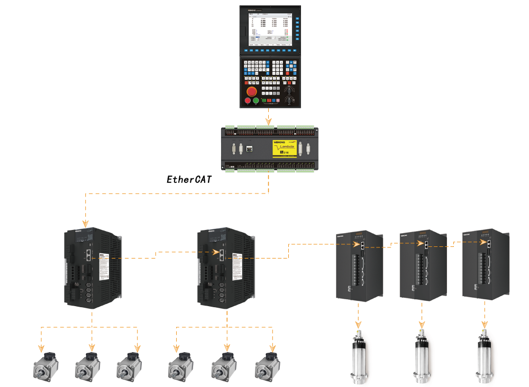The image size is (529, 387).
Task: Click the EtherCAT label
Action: [189, 179]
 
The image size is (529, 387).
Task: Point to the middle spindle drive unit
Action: [422, 264]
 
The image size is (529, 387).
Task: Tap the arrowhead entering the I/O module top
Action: [269, 122]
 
